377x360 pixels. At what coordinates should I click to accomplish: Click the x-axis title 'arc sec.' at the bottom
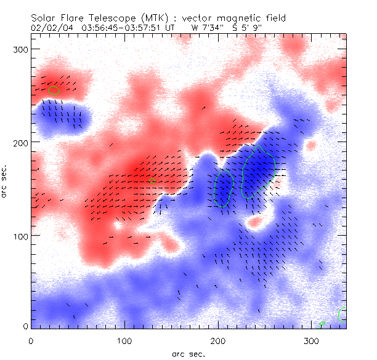(x=188, y=353)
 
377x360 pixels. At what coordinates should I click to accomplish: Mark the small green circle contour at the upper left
(x=54, y=90)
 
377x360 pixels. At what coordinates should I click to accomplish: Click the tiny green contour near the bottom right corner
(x=322, y=323)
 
